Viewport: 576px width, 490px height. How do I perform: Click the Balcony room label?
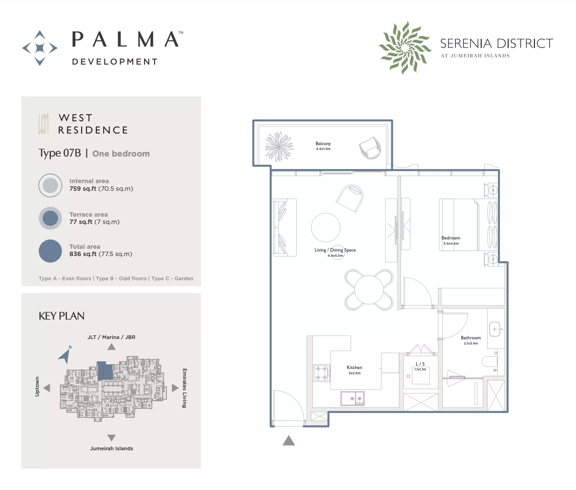coord(323,143)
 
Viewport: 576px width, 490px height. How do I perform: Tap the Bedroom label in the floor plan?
coord(451,238)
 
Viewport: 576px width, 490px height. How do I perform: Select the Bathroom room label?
coord(471,338)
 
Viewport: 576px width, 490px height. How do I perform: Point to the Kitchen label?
coord(354,367)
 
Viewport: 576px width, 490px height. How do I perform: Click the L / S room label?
coord(420,364)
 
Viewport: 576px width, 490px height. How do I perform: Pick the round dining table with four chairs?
coord(369,290)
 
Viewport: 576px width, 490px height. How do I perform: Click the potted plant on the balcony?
coord(279,147)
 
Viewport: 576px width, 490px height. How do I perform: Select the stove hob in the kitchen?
coord(321,373)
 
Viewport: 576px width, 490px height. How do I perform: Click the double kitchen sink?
coord(353,398)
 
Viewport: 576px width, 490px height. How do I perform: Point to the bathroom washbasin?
coord(495,329)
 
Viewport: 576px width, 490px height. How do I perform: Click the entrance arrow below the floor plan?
coord(289,441)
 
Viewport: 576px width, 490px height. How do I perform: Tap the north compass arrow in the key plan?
coord(65,355)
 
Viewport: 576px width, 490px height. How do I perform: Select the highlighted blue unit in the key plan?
coord(105,371)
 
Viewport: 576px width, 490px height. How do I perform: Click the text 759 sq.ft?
coord(83,189)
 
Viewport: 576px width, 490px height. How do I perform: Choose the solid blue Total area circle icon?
coord(50,251)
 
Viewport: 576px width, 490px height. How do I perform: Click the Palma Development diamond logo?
coord(40,48)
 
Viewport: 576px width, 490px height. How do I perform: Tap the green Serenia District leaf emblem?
coord(405,48)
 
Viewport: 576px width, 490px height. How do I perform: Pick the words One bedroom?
coord(121,154)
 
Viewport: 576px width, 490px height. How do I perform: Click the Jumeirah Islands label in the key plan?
coord(112,449)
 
